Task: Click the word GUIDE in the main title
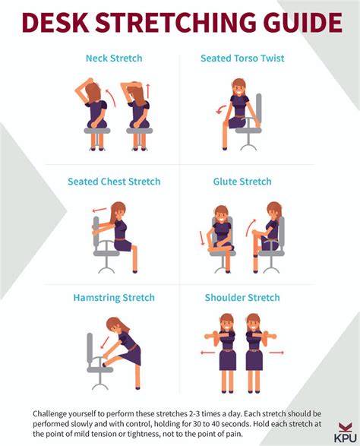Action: pyautogui.click(x=302, y=22)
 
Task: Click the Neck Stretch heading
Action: pyautogui.click(x=114, y=59)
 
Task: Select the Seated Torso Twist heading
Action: pyautogui.click(x=242, y=59)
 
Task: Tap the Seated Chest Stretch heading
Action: pyautogui.click(x=114, y=182)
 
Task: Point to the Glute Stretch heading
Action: pyautogui.click(x=242, y=182)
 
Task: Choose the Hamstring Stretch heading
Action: pyautogui.click(x=114, y=298)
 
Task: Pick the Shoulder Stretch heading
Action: pyautogui.click(x=242, y=298)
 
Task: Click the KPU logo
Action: pyautogui.click(x=345, y=432)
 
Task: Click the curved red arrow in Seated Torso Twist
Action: pyautogui.click(x=219, y=110)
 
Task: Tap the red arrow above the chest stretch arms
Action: pyautogui.click(x=99, y=210)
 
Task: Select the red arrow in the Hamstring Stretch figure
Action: pyautogui.click(x=105, y=343)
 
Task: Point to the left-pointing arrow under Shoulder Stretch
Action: pyautogui.click(x=208, y=353)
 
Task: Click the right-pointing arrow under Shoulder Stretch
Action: pyautogui.click(x=276, y=353)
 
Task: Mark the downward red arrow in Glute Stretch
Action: pyautogui.click(x=202, y=238)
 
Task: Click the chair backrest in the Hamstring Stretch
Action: pyautogui.click(x=90, y=349)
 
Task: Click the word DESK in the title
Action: pyautogui.click(x=55, y=22)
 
